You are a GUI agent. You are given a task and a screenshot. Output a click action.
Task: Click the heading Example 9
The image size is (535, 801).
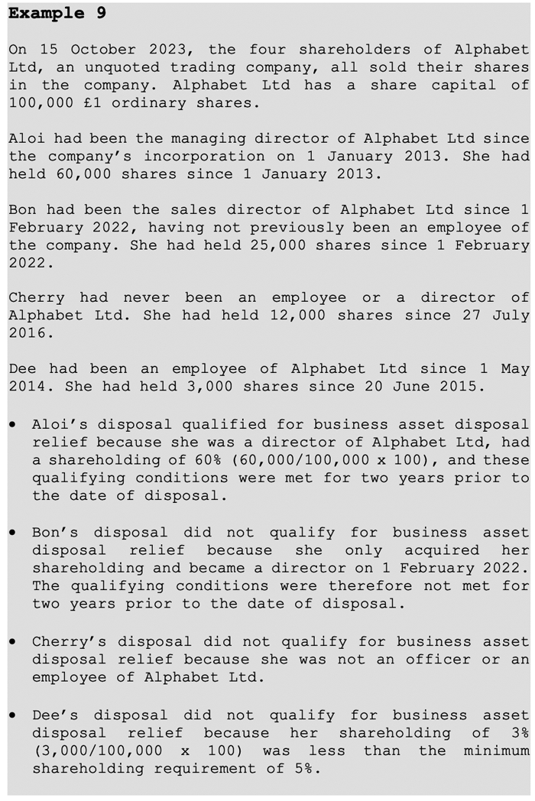point(57,13)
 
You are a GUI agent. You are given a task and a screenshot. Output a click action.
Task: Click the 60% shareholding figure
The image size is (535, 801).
point(194,460)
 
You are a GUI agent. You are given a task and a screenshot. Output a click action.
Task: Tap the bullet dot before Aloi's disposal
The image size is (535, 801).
point(14,424)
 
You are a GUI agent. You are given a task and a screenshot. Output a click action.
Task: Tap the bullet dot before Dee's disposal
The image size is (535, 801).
point(14,715)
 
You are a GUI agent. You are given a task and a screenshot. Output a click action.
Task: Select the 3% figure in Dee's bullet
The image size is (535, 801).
point(518,733)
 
